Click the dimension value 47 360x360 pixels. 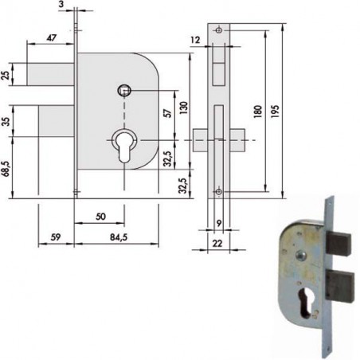[50, 38]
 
